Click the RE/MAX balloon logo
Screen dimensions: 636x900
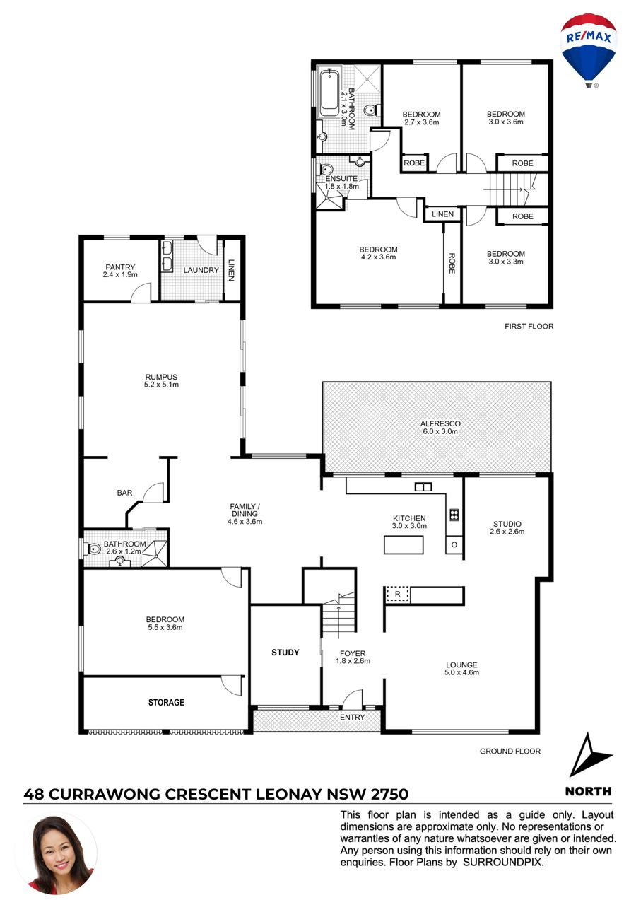(588, 50)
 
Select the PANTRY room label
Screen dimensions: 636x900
(120, 267)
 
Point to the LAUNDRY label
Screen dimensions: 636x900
(201, 270)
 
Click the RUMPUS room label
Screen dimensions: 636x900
(161, 377)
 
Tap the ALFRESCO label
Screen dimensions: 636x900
(440, 423)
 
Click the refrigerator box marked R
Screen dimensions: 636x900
(397, 595)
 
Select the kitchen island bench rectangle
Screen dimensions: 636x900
(403, 545)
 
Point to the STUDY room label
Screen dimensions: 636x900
(285, 653)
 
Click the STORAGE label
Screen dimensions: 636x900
(166, 702)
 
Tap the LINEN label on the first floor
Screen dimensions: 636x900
(442, 214)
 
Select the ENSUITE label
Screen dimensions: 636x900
(341, 178)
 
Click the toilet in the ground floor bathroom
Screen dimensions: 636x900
(93, 549)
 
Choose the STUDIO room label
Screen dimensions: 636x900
(507, 524)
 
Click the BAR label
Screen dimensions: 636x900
(124, 493)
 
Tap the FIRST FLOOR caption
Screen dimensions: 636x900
(529, 326)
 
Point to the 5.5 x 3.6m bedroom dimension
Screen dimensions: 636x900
(165, 627)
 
